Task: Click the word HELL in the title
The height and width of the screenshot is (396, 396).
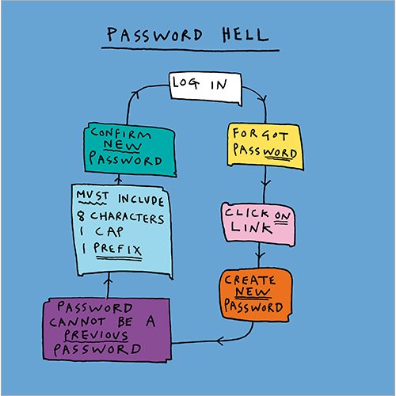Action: (x=245, y=35)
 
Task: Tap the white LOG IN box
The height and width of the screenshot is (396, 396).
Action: (x=205, y=89)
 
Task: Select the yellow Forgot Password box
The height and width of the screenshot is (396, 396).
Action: (x=265, y=146)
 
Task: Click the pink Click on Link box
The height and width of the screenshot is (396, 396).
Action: (x=258, y=224)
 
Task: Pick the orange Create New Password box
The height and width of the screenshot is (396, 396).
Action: (x=255, y=294)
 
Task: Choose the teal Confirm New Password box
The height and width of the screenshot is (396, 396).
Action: (x=130, y=149)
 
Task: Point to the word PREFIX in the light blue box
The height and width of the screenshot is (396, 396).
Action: (x=117, y=249)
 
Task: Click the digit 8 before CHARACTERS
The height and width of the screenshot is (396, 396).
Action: (x=81, y=216)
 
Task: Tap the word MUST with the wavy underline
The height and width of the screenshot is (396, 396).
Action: (x=93, y=196)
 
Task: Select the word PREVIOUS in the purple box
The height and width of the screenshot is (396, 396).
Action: (x=96, y=335)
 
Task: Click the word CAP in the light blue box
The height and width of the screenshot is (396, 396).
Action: (x=109, y=232)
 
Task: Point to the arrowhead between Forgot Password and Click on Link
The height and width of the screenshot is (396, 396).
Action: (x=265, y=184)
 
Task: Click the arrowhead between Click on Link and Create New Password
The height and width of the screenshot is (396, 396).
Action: (x=259, y=256)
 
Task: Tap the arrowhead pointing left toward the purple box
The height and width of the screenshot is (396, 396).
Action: (x=219, y=341)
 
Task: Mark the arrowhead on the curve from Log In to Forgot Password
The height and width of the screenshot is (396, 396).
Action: (x=263, y=99)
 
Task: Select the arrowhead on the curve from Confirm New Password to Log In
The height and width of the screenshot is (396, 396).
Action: (x=135, y=94)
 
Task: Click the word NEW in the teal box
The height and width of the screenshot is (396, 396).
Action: (x=123, y=145)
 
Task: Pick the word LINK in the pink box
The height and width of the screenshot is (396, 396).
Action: (x=251, y=228)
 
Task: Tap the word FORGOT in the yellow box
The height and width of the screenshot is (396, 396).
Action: (x=260, y=135)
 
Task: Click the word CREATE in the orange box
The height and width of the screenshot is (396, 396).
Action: (x=249, y=280)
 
